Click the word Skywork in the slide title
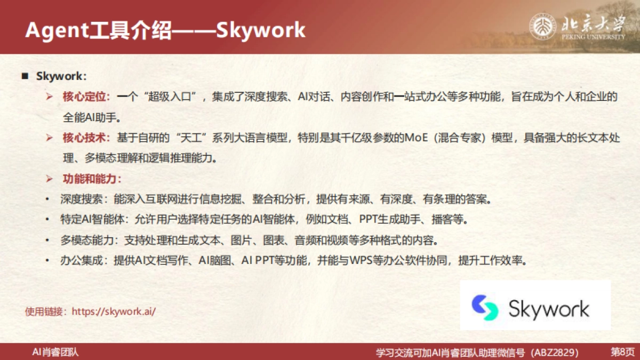coord(260,30)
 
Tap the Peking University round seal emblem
coord(542,26)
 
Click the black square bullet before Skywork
coord(25,76)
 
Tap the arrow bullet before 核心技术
coord(50,138)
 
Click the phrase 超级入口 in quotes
coord(169,97)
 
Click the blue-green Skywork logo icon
coord(485,308)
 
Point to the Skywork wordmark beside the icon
coord(549,309)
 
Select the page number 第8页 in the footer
coord(622,353)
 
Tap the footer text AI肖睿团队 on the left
coord(55,352)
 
